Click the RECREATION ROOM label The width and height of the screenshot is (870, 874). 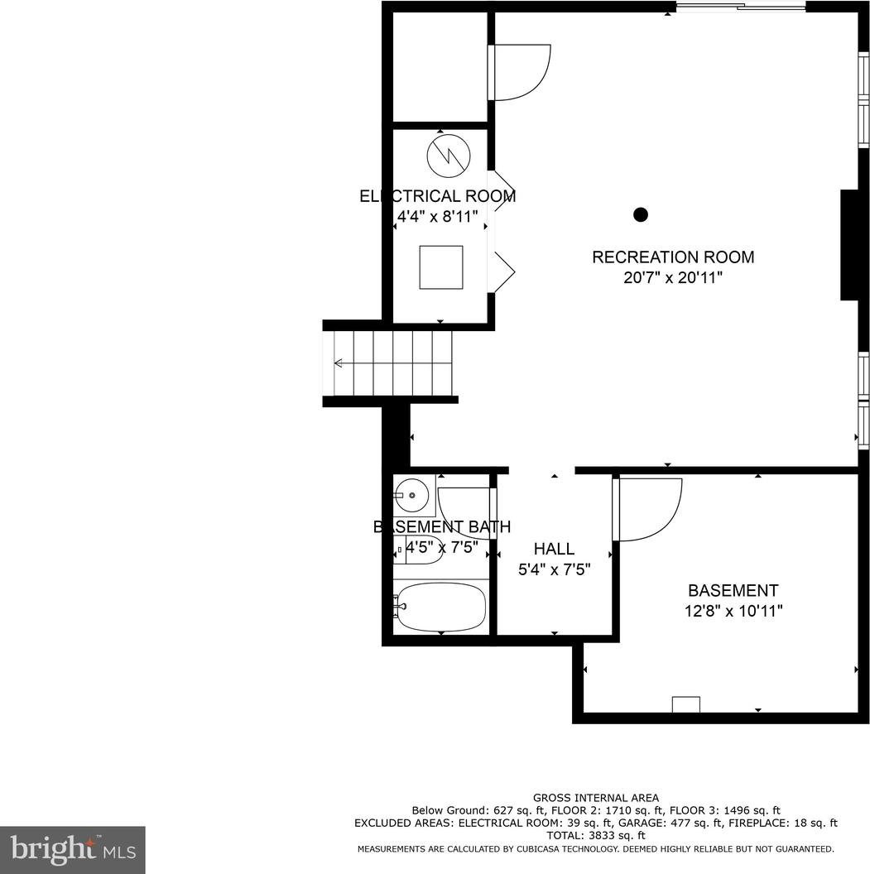click(x=673, y=257)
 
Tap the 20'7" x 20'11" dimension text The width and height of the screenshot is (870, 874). click(x=673, y=277)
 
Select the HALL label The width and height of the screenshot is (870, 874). click(x=554, y=549)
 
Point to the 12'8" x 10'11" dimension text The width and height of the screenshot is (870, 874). click(x=733, y=612)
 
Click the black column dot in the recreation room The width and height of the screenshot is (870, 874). click(x=641, y=214)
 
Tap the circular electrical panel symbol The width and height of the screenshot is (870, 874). click(x=449, y=156)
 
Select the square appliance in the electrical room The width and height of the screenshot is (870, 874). click(x=441, y=267)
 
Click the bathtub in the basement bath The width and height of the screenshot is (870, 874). click(x=441, y=607)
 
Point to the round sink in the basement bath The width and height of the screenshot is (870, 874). click(x=411, y=494)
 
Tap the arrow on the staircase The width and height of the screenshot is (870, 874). click(x=393, y=363)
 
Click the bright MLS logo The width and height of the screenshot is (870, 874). click(x=73, y=849)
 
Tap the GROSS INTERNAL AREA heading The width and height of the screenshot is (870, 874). click(x=596, y=798)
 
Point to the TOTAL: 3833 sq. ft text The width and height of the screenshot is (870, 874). click(x=596, y=835)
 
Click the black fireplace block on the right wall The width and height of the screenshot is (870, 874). click(x=849, y=245)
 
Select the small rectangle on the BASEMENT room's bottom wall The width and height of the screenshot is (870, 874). click(x=686, y=704)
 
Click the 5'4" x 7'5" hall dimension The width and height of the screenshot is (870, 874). click(x=554, y=569)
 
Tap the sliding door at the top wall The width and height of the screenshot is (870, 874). click(x=741, y=7)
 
